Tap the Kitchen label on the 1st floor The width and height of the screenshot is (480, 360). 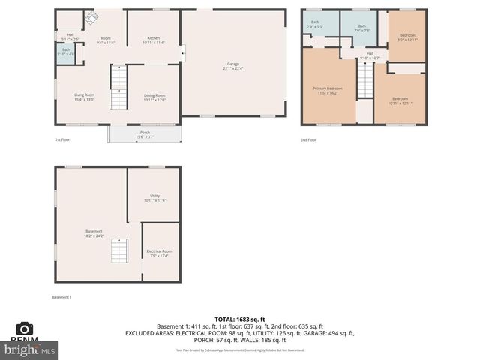(153, 39)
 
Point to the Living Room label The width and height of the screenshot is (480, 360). (84, 97)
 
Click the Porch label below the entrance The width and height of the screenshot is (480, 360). (144, 134)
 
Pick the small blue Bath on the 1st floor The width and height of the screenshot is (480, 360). (66, 52)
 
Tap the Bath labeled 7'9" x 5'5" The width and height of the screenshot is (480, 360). (315, 24)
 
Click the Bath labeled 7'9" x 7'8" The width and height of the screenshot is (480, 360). (362, 28)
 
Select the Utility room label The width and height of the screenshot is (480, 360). (154, 199)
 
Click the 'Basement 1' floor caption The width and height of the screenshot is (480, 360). (61, 297)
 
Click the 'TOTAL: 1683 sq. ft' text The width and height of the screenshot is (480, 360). (239, 319)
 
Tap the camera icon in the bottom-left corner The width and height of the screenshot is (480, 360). (25, 328)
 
